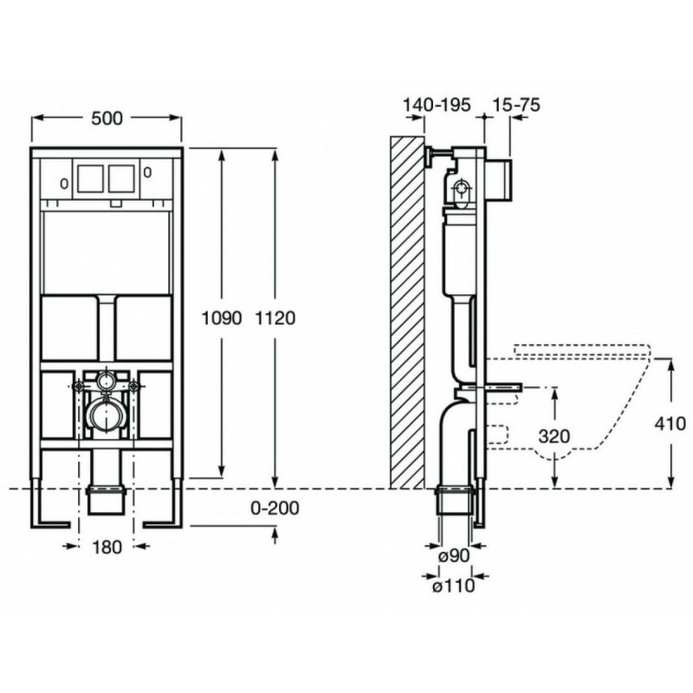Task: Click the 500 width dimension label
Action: coord(107,118)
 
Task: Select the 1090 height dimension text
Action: coord(222,318)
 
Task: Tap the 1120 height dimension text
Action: coord(275,318)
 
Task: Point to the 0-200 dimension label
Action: coord(275,508)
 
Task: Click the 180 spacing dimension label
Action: coord(107,547)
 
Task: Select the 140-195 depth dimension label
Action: coord(437,105)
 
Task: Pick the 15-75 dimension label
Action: coord(515,105)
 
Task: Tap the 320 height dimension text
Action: coord(554,437)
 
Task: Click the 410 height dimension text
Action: coord(670,424)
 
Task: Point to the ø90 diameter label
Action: coord(454,555)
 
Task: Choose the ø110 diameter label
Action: coord(453,586)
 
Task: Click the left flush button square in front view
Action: coord(92,178)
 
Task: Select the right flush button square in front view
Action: coord(121,178)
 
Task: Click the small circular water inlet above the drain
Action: coord(107,379)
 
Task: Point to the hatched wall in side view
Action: coord(407,312)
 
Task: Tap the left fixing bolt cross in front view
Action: coord(79,385)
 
